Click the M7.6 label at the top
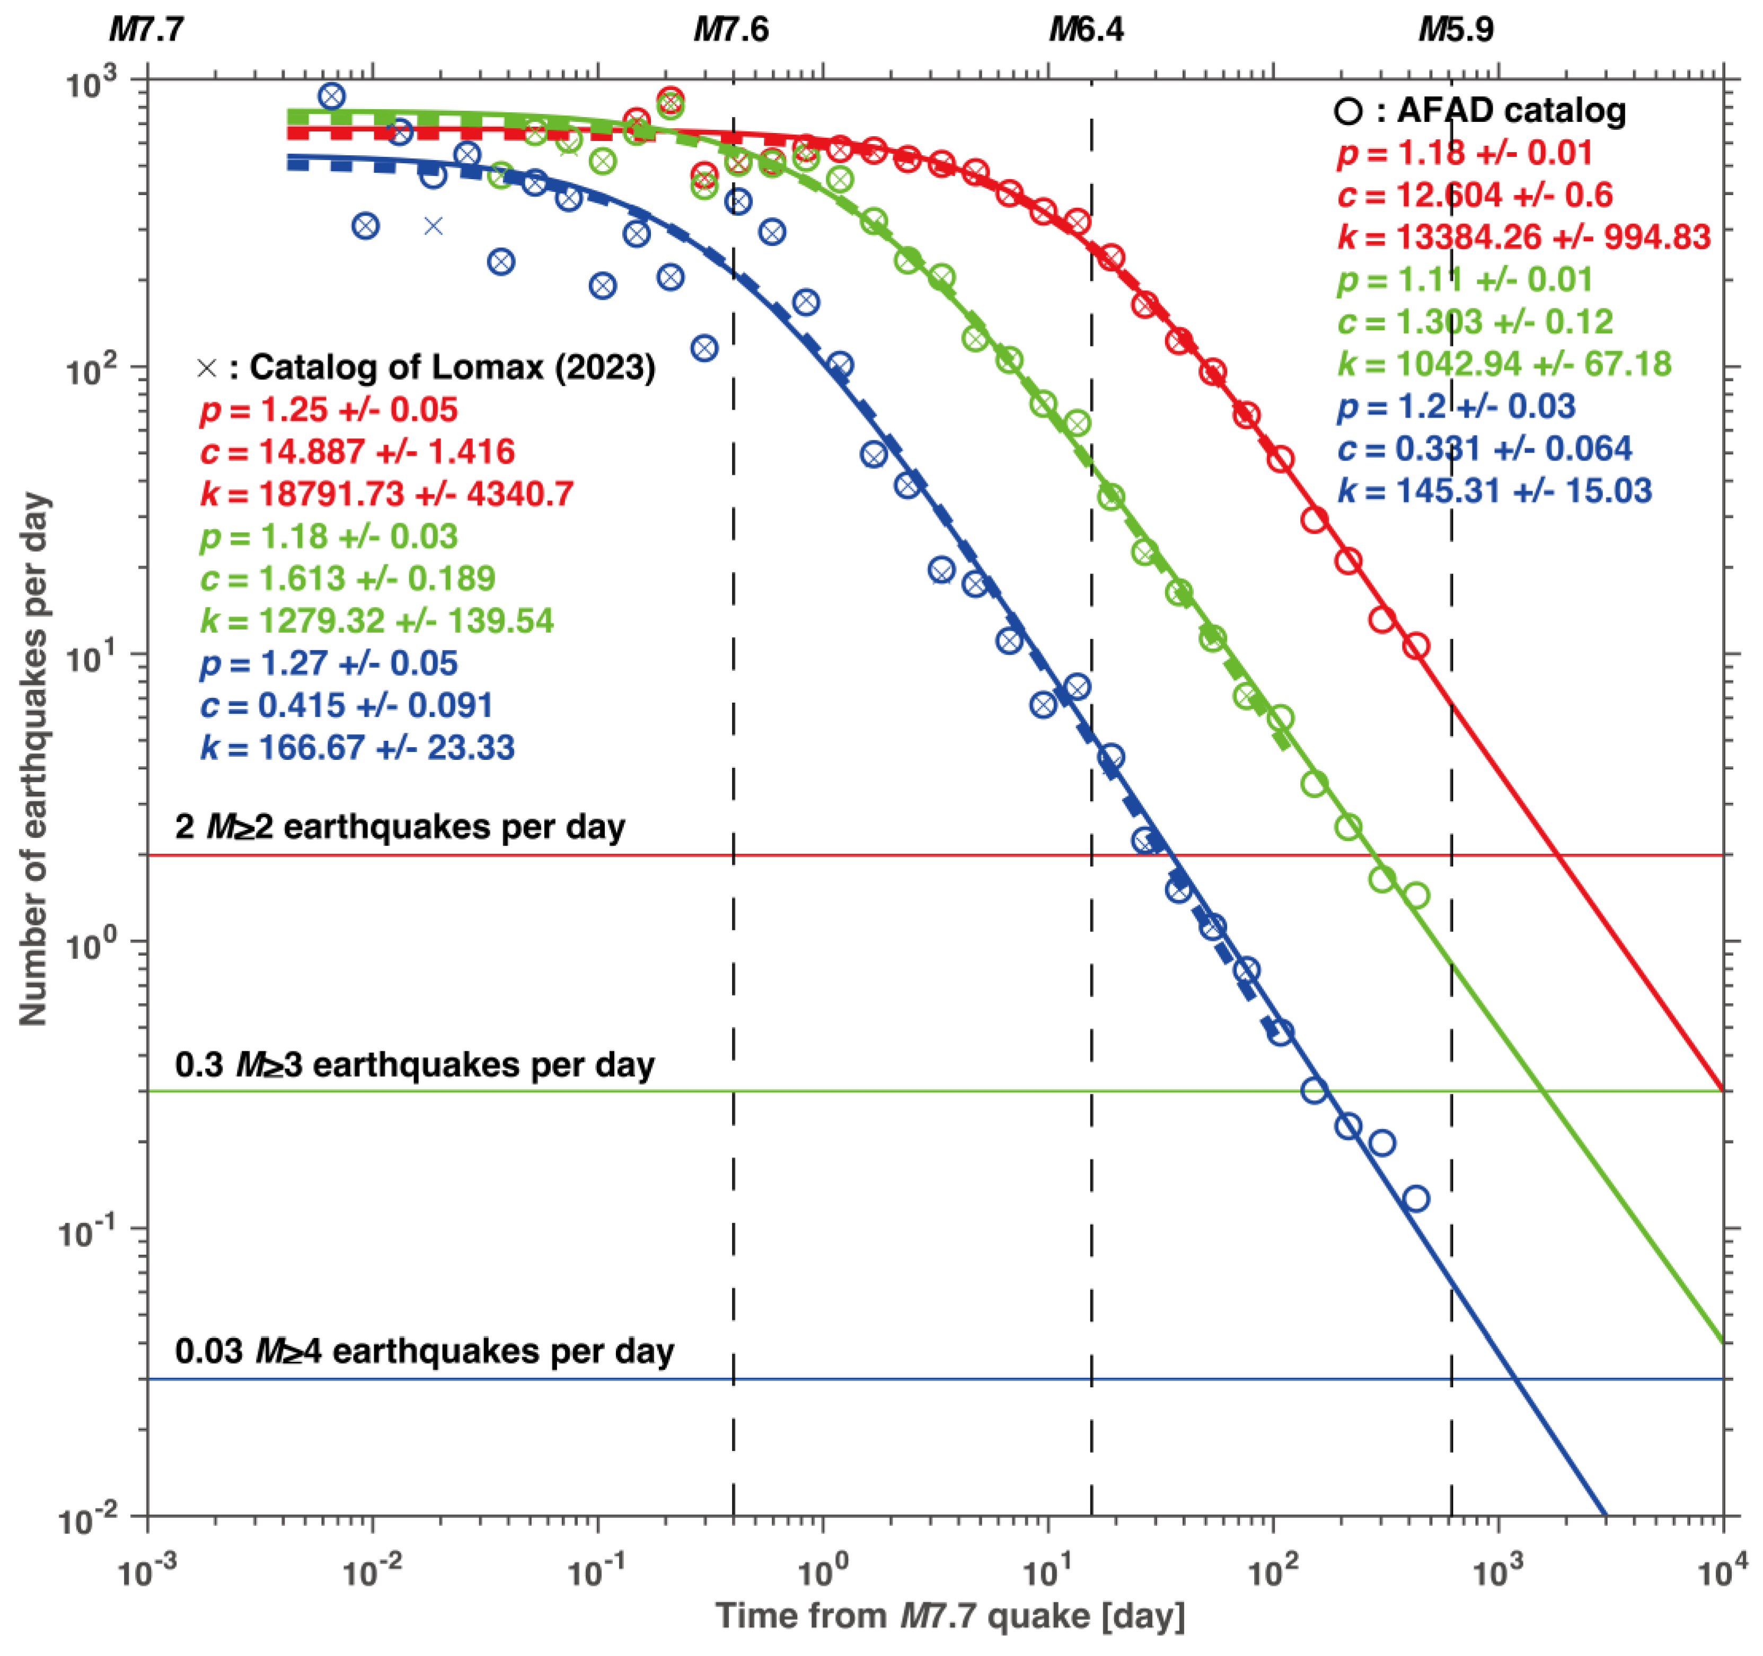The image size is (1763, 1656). (731, 30)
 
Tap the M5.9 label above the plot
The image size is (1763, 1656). (1456, 30)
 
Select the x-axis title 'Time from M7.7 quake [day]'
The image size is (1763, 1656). (950, 1615)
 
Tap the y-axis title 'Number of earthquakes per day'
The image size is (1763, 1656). (34, 760)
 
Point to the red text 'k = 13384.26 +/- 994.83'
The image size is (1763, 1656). (1523, 237)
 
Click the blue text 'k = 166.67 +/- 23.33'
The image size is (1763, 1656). (357, 747)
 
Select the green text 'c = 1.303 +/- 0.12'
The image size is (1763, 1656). (1475, 322)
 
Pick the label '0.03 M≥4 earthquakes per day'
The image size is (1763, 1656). (424, 1351)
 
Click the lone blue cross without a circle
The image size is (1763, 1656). (433, 226)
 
